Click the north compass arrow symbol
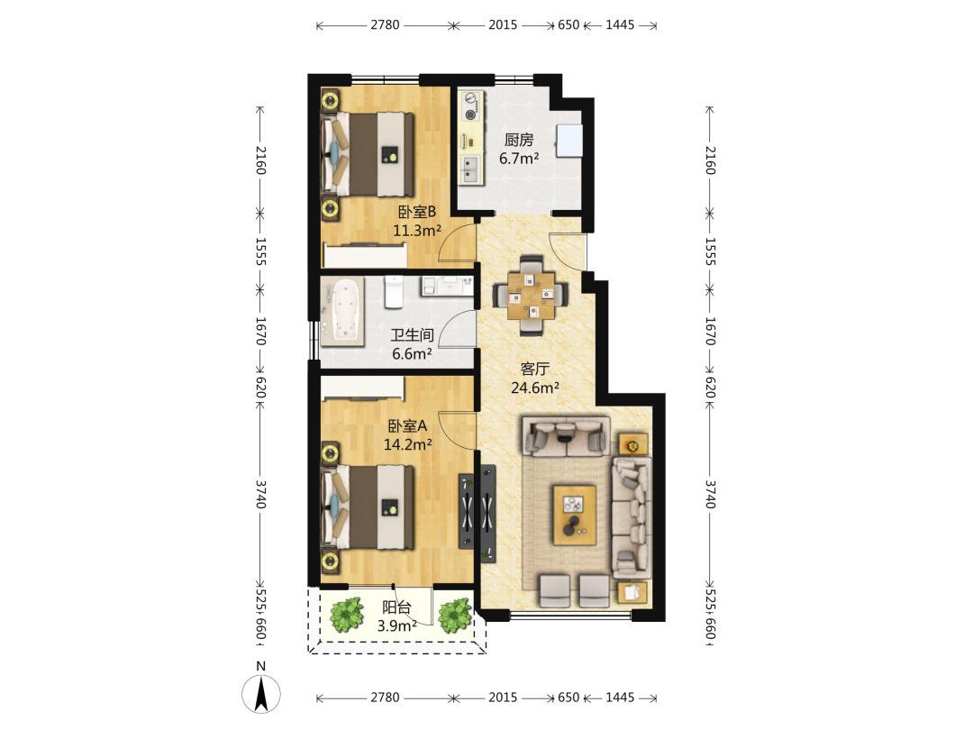(x=261, y=693)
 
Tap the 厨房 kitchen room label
(x=519, y=140)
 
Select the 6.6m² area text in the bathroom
(x=412, y=354)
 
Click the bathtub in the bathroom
(x=341, y=309)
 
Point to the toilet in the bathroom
(x=395, y=292)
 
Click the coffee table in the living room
(x=575, y=515)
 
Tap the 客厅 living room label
(x=534, y=369)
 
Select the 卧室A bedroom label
(x=408, y=426)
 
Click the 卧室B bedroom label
(x=417, y=213)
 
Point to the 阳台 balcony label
(x=397, y=607)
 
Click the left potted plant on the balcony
(x=346, y=614)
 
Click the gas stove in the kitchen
(x=471, y=106)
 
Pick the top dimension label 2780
(x=385, y=25)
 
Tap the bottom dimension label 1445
(x=619, y=697)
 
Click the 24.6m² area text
(x=535, y=388)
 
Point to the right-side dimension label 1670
(x=711, y=331)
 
